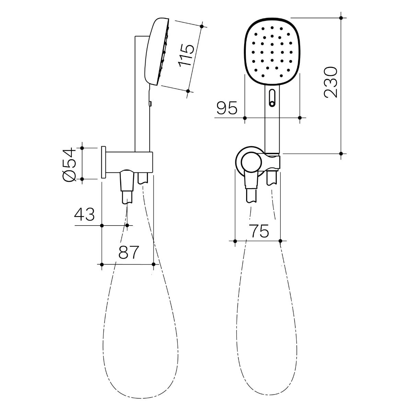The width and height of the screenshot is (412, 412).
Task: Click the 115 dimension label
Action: tap(186, 55)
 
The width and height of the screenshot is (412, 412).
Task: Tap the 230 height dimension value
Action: tap(331, 82)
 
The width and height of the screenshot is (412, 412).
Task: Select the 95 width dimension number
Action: tap(227, 107)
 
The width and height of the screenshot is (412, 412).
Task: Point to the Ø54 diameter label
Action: tap(68, 164)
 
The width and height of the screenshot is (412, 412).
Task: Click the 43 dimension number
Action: tap(84, 214)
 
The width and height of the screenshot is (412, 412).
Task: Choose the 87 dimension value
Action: tap(129, 252)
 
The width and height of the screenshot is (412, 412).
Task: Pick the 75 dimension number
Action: tap(260, 231)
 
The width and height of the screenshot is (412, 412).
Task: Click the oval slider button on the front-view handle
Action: tap(272, 98)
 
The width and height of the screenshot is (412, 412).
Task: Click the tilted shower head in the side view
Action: tap(157, 52)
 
